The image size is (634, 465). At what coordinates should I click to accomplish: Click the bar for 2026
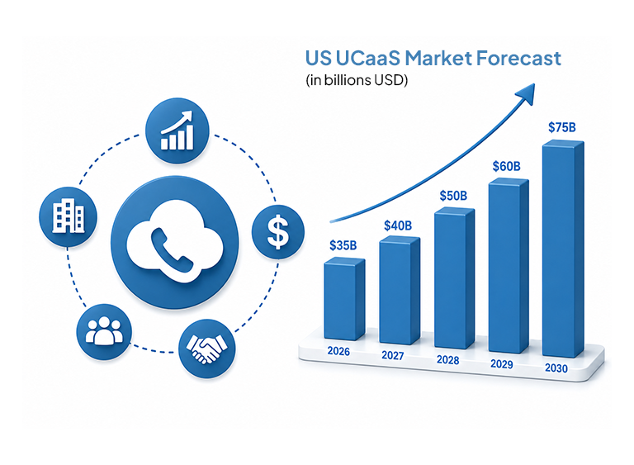click(x=344, y=299)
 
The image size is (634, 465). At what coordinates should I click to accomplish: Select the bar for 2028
click(x=455, y=278)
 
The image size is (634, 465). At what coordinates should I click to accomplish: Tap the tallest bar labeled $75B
click(x=563, y=249)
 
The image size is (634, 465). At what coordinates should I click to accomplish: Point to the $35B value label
click(x=343, y=245)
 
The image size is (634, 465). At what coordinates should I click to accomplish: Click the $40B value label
click(x=398, y=225)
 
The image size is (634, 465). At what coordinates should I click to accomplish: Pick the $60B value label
click(x=506, y=166)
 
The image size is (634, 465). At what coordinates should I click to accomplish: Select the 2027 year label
click(x=393, y=355)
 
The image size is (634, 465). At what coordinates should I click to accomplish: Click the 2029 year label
click(x=502, y=364)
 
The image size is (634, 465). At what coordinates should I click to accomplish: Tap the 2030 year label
click(x=556, y=368)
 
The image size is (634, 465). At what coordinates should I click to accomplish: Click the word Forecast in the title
click(x=518, y=58)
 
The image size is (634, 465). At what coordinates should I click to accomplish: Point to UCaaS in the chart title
click(x=367, y=58)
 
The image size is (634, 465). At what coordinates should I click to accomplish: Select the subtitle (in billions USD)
click(x=357, y=80)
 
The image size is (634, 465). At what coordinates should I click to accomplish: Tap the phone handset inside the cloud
click(x=172, y=249)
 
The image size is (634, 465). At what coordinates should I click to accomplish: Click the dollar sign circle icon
click(x=277, y=232)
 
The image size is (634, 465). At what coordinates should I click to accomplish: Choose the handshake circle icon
click(x=206, y=348)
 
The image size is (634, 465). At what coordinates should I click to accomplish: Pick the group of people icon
click(x=104, y=332)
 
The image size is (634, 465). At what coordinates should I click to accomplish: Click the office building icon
click(x=68, y=217)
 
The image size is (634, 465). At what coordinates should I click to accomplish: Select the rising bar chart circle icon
click(x=177, y=130)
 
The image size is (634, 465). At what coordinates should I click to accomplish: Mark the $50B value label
click(x=453, y=196)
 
